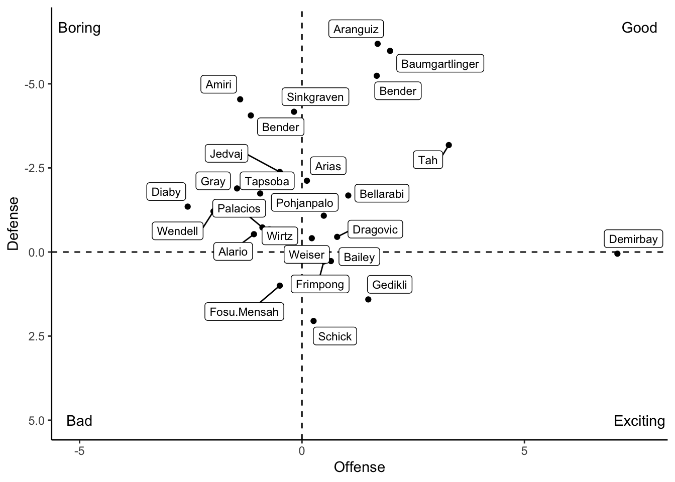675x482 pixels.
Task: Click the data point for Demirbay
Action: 617,254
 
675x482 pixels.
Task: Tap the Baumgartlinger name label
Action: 440,64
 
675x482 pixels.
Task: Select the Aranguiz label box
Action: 356,29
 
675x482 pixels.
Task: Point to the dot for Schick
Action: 313,321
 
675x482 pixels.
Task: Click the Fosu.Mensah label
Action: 244,312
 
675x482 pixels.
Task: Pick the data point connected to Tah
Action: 448,145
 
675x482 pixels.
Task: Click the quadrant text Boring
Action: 79,28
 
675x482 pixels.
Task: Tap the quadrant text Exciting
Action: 639,420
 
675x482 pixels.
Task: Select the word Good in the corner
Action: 639,28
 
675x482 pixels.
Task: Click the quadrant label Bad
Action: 79,420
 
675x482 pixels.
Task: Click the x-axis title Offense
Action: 359,467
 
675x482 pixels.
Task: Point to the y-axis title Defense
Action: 14,223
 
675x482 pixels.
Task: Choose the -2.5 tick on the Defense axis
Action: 34,168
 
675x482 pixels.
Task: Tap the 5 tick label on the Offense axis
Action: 524,451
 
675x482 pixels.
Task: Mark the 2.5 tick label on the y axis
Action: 37,336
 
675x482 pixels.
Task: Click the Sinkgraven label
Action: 315,97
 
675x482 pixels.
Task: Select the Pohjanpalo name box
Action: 304,203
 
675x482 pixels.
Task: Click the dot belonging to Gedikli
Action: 368,299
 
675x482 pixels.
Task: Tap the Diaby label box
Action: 166,192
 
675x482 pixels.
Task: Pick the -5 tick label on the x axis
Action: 79,451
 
